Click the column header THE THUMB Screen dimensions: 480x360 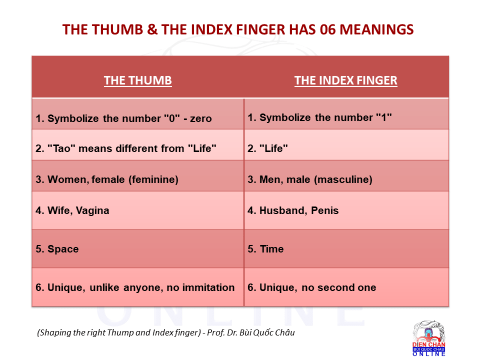138,80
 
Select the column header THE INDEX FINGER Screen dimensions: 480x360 346,80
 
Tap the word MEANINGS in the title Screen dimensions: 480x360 376,29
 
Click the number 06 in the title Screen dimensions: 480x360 327,29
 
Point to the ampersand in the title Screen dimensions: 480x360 152,29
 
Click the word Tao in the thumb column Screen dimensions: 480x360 62,148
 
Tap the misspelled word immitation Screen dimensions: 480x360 208,287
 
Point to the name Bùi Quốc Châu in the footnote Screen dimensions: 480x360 267,332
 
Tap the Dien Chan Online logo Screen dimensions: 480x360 428,338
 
